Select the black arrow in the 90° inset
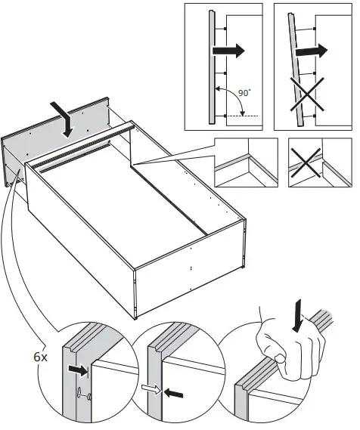click(x=227, y=51)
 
